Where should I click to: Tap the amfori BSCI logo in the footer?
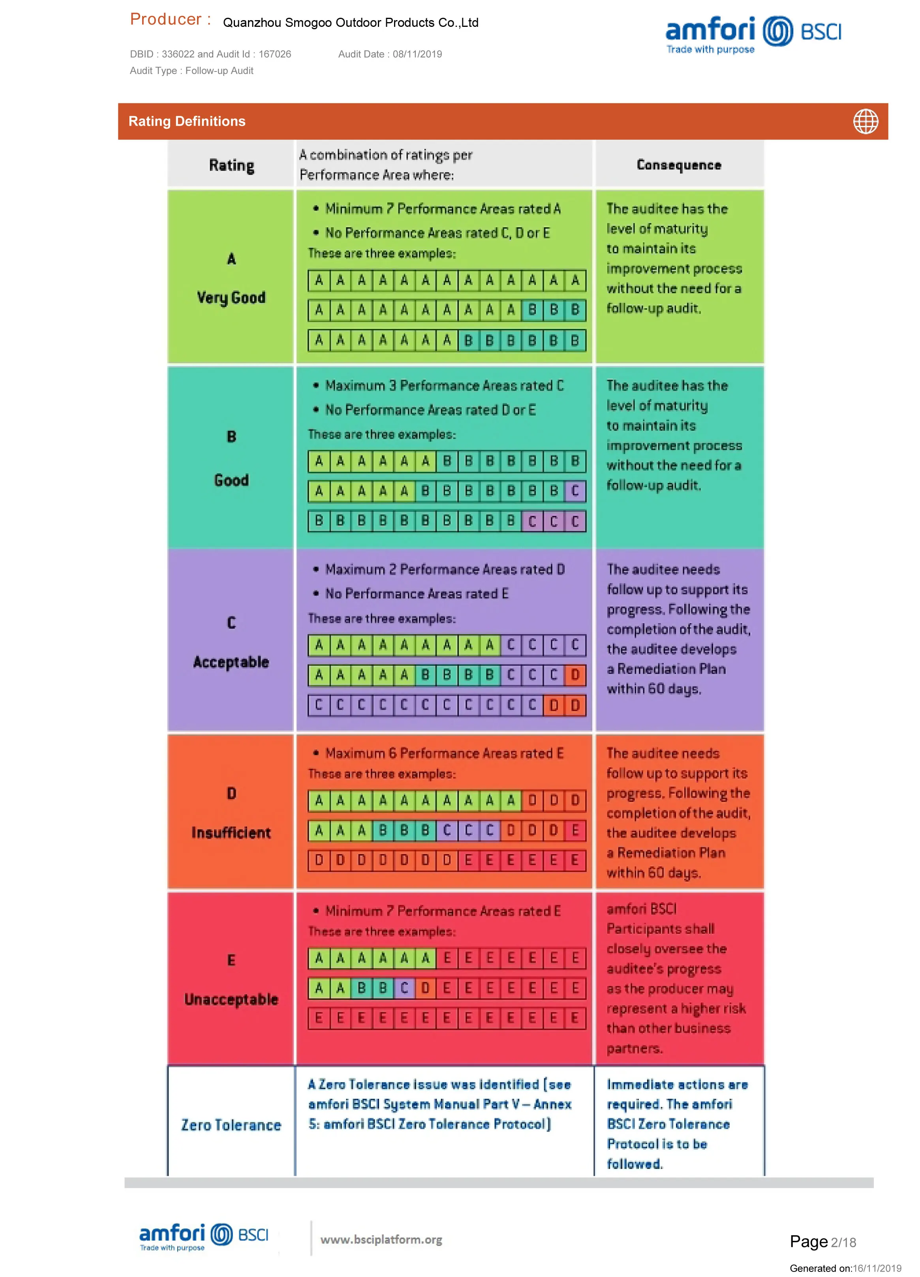point(203,1236)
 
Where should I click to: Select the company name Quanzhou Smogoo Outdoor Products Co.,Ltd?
point(350,23)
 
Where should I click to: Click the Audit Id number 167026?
point(275,54)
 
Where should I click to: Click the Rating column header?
point(231,165)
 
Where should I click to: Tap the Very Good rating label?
point(231,297)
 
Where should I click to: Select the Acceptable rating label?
point(231,662)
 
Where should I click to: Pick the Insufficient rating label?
point(231,833)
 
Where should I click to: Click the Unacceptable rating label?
point(231,999)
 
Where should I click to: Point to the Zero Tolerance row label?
point(231,1125)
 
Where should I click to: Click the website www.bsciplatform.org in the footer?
point(381,1239)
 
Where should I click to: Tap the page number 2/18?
point(843,1243)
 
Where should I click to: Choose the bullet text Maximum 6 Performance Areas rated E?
point(444,753)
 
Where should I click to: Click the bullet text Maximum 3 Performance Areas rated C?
point(444,386)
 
